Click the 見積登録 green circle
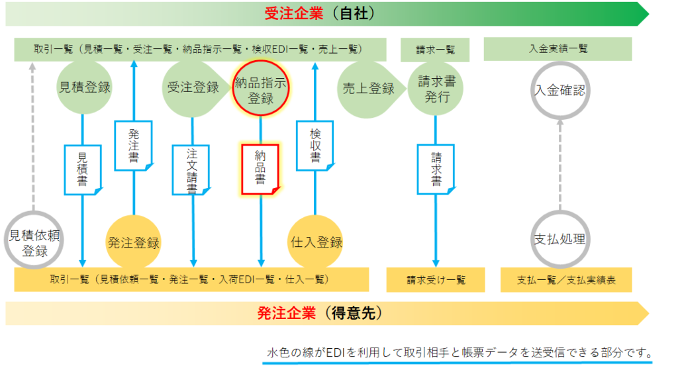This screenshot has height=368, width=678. tap(84, 88)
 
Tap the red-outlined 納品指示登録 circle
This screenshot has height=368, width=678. tap(260, 88)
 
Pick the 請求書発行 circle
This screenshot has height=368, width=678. tap(436, 89)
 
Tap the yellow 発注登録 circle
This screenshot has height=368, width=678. tap(133, 242)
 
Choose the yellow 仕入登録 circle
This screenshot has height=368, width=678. tap(315, 242)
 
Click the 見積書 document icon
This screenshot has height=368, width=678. tap(83, 169)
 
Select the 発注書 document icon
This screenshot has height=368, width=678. tap(134, 146)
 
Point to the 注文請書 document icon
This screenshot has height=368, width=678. tap(191, 170)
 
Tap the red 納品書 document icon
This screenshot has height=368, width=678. tap(260, 169)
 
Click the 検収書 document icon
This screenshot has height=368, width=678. tap(315, 146)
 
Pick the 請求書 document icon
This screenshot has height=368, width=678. tap(436, 169)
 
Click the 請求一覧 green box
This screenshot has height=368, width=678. tap(435, 50)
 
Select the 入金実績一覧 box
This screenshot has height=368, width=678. tap(557, 49)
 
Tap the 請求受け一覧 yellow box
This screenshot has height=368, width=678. tap(436, 280)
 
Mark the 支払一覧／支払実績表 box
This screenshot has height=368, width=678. tap(567, 280)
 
